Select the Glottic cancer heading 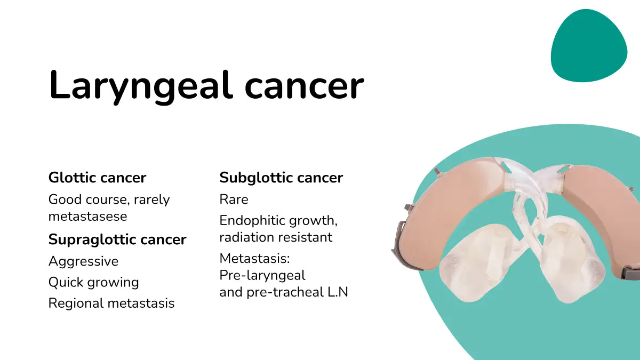point(98,178)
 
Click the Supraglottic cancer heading point(117,239)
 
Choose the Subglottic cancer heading point(281,178)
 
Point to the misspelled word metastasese point(87,217)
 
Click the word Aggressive point(83,261)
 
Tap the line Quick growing point(94,282)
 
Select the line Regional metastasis point(111,303)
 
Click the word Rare point(234,199)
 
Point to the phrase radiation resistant point(276,237)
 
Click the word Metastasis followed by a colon point(254,258)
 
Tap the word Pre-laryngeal point(262,275)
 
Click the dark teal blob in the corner point(589,46)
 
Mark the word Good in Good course point(65,199)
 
